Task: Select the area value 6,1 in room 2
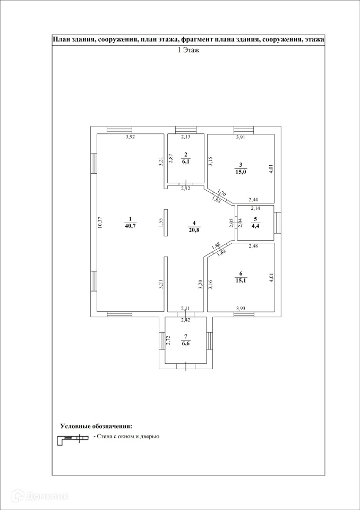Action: pos(186,162)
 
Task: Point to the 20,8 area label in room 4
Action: pos(194,229)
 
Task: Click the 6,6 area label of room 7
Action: pos(186,343)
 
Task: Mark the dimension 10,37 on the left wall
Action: pos(100,223)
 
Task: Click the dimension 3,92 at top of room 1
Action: pos(130,138)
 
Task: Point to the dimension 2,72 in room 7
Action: pos(168,340)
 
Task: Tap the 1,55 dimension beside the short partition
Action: pos(161,223)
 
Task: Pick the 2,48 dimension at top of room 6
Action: pos(255,246)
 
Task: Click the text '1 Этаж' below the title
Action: pos(188,50)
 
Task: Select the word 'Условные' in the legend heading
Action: pos(76,426)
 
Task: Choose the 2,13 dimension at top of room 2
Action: pos(186,138)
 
